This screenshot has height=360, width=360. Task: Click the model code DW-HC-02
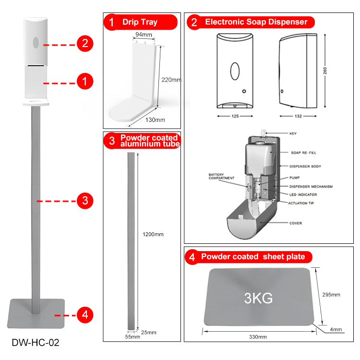coord(36,342)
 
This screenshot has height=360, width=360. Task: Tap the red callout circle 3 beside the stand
coord(85,201)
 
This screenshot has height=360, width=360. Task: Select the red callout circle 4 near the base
coord(85,315)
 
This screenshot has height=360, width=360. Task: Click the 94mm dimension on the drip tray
coord(144,35)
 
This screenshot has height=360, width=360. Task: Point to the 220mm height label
coord(171,80)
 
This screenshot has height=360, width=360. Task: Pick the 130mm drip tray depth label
coord(155,120)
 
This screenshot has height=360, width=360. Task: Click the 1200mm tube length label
coord(153,234)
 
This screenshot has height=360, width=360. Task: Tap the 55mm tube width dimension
coord(132,336)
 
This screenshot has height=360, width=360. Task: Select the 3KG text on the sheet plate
coord(258,298)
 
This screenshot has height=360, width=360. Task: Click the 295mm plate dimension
coord(331,295)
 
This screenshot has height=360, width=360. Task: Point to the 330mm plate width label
coord(258,337)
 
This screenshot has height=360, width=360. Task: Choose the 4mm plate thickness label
coord(336,329)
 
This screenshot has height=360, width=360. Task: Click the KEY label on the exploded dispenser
coord(293,133)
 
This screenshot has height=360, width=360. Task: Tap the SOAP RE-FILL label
coord(303,153)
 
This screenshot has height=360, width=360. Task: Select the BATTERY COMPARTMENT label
coord(221,176)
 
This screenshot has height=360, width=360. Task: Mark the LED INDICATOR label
coord(303,195)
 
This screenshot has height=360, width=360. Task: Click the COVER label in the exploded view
coord(296,223)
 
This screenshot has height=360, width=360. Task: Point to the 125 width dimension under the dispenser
coord(235,116)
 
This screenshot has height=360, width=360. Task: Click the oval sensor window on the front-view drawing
coord(235,71)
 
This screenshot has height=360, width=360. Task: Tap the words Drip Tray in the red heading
coord(140,22)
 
